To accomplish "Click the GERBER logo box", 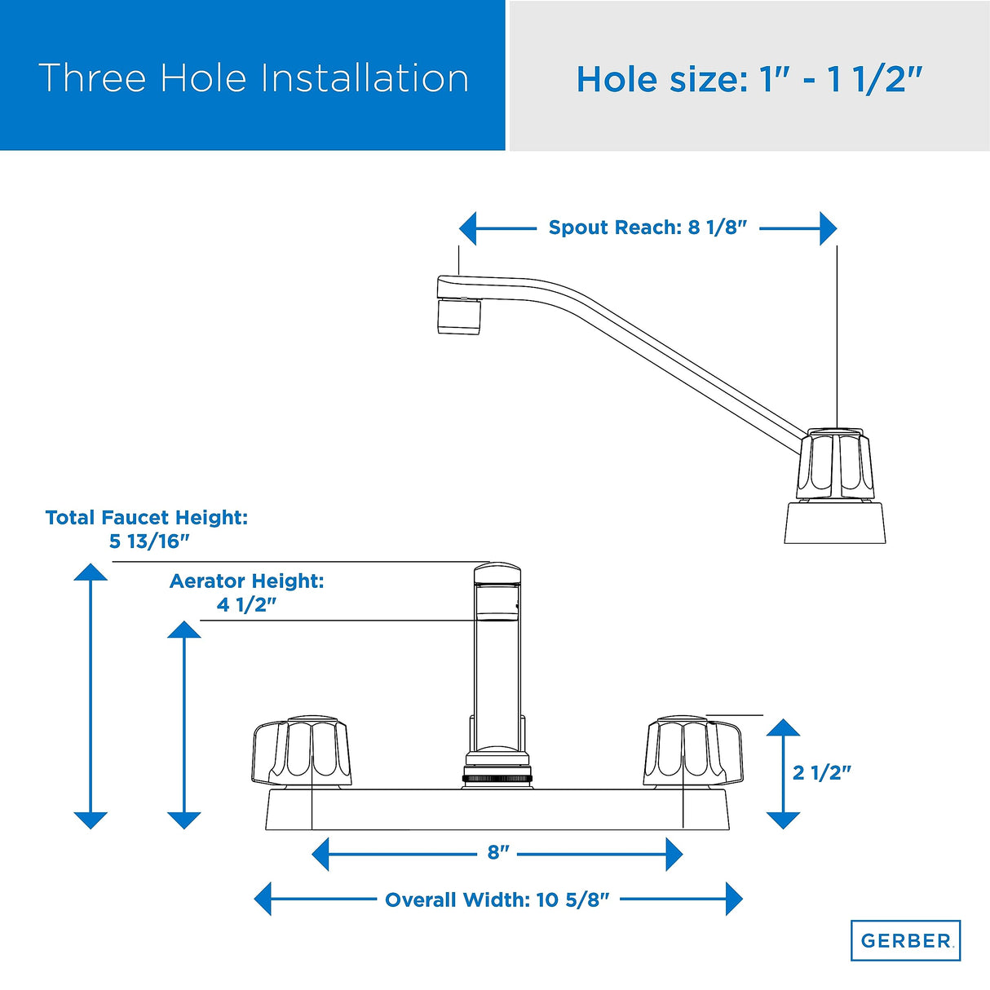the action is (x=905, y=940).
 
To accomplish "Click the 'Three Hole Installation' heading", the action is (x=254, y=78).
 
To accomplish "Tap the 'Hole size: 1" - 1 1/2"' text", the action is (x=749, y=80).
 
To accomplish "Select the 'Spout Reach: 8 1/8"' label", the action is (x=647, y=227).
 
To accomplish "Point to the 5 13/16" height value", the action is (x=149, y=541).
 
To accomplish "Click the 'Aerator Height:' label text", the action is (x=246, y=581).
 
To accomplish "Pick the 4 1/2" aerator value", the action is (x=246, y=605).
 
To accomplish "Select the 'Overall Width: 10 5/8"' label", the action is (x=497, y=899).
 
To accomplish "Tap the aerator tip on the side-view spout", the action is (x=459, y=316).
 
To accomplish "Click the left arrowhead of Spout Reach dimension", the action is (x=467, y=228).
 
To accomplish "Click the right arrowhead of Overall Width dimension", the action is (x=734, y=899).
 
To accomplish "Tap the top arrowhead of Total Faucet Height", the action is (x=91, y=572).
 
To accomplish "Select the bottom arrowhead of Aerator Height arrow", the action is (x=184, y=820).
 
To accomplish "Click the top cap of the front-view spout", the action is (x=497, y=574).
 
